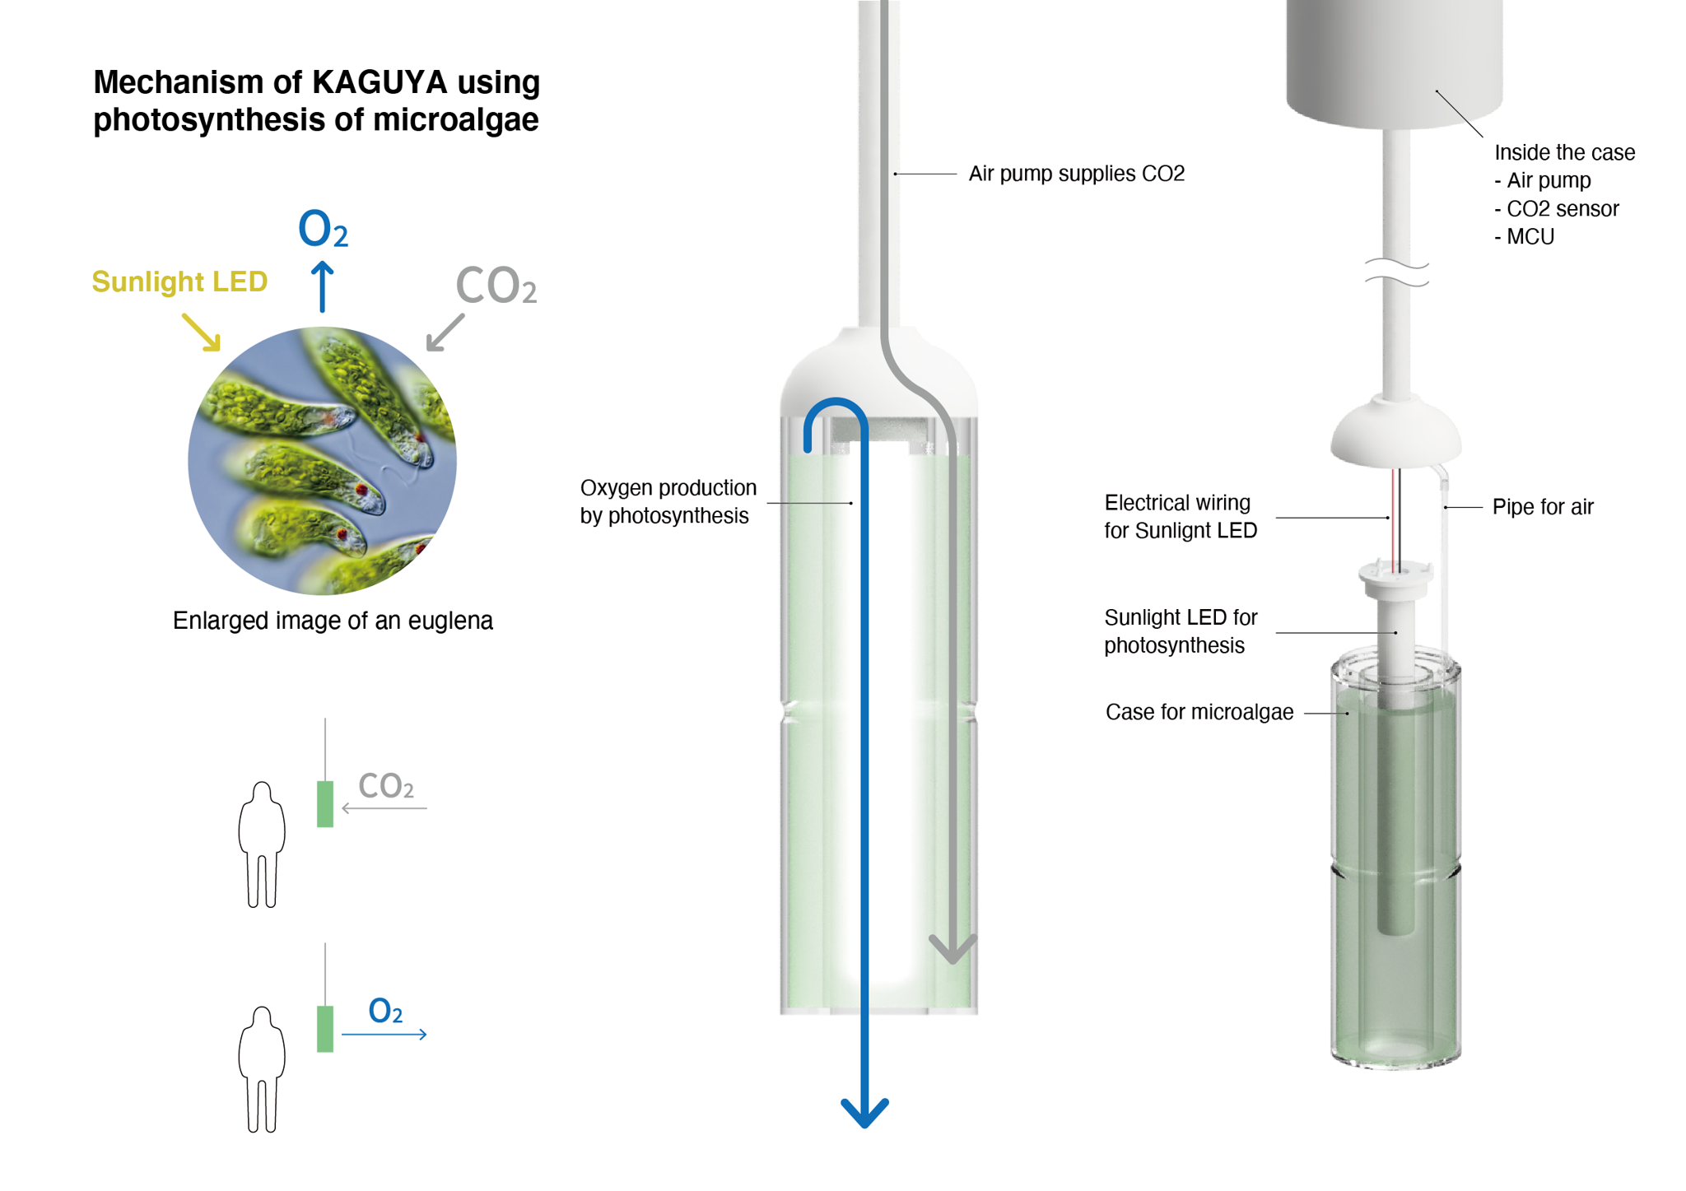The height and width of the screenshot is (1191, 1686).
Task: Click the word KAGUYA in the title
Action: click(x=380, y=82)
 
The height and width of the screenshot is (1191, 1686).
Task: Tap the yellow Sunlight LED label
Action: click(x=179, y=281)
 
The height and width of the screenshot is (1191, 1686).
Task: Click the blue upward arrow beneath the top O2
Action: click(x=323, y=286)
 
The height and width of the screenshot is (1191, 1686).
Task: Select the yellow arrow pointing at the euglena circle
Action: click(x=202, y=332)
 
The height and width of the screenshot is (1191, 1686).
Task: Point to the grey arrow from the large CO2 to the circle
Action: click(x=445, y=333)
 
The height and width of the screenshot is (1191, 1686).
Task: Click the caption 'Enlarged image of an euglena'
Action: click(x=333, y=621)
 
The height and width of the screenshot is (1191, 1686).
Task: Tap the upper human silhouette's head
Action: click(x=262, y=793)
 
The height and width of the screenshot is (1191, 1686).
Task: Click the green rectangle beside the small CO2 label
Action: click(x=325, y=803)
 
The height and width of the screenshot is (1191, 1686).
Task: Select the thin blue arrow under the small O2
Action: click(x=384, y=1034)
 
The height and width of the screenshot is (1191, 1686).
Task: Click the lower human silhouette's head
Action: click(x=262, y=1018)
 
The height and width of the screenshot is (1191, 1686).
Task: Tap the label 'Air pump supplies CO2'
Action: click(x=1076, y=174)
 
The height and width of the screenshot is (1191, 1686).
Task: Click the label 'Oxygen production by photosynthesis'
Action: click(x=668, y=501)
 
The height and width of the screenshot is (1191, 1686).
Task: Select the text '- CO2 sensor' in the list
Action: click(x=1557, y=209)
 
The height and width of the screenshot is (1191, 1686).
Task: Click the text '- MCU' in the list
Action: click(x=1525, y=237)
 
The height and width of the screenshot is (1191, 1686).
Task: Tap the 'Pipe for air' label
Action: click(x=1543, y=507)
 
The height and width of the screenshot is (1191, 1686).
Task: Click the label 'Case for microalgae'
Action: click(x=1199, y=712)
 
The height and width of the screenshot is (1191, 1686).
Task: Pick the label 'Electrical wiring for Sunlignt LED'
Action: click(x=1181, y=517)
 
